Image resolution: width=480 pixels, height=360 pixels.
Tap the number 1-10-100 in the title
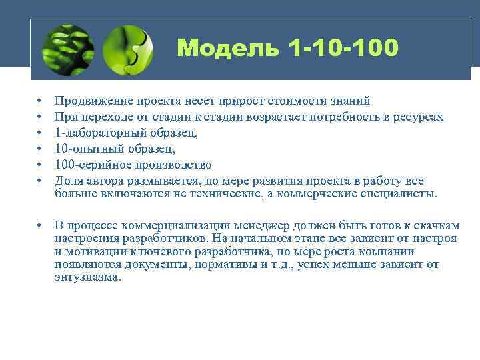click(x=344, y=48)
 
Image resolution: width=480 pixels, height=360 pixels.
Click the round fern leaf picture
click(x=67, y=49)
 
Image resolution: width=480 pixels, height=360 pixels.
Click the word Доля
click(x=68, y=181)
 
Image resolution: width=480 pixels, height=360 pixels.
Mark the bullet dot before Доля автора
click(x=41, y=181)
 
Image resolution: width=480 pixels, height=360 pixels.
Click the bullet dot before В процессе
click(x=41, y=226)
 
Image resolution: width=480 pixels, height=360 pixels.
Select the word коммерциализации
click(x=172, y=226)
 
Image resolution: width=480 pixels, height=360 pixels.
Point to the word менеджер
click(x=256, y=226)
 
